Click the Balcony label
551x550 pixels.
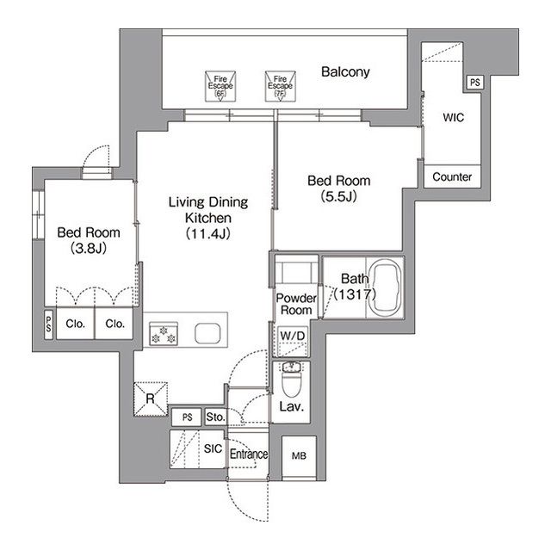[x=345, y=72]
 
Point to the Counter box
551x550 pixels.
[x=452, y=176]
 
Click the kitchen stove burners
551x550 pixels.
[x=163, y=333]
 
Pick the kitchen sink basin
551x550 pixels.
[x=208, y=333]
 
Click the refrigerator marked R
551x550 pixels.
[x=150, y=398]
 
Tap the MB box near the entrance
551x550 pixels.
[x=299, y=455]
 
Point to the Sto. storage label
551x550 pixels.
[x=215, y=418]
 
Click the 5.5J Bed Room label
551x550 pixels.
[x=339, y=188]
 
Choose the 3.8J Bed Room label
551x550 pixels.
[x=89, y=240]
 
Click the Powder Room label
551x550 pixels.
[x=295, y=304]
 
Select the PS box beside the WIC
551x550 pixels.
[x=474, y=83]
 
